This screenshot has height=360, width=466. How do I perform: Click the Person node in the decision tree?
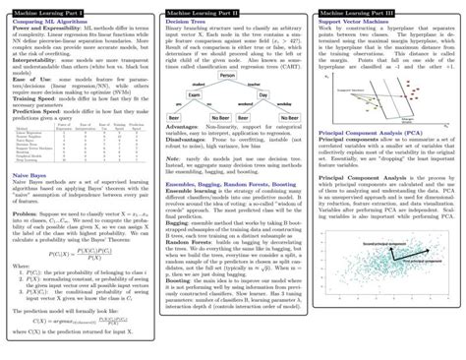(x=227, y=76)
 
